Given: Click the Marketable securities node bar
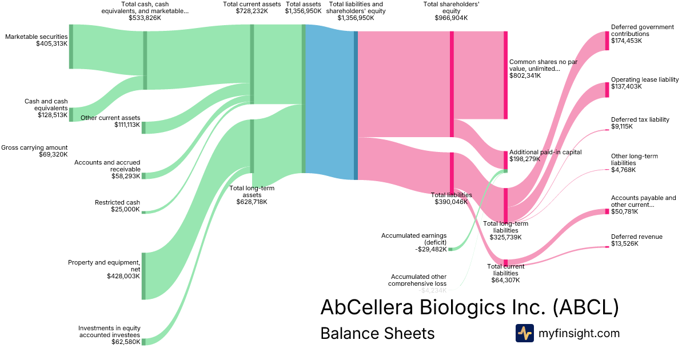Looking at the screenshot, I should pos(71,47).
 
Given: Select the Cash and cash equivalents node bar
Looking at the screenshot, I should pos(71,114).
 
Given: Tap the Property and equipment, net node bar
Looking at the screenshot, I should pos(143,275).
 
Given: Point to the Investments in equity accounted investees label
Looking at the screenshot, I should pos(109,335).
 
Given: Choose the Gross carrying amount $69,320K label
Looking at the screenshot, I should pos(34,151).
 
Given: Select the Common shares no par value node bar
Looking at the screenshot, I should pos(505,75).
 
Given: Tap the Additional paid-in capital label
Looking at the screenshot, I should pos(545,152).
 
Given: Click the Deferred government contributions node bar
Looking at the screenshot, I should pos(607,41).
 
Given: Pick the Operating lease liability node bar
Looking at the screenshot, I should pos(607,90).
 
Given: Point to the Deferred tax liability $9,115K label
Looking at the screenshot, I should pos(640,123).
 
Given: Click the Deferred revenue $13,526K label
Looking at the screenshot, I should pos(636,240).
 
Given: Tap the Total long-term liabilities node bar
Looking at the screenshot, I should pos(505,205).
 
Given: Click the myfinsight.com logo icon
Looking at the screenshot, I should pos(524,333).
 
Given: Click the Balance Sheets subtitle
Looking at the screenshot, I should pos(377,333).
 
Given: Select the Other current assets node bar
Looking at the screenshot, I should pos(143,127).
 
